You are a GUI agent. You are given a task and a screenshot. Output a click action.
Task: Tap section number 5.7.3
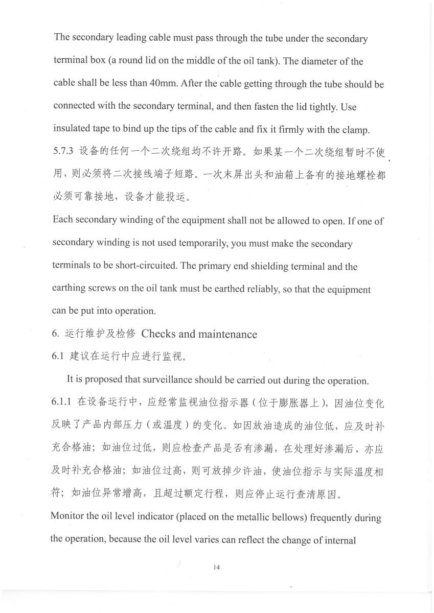63,152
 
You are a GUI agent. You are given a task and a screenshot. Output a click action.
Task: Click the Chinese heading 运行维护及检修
100,334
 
